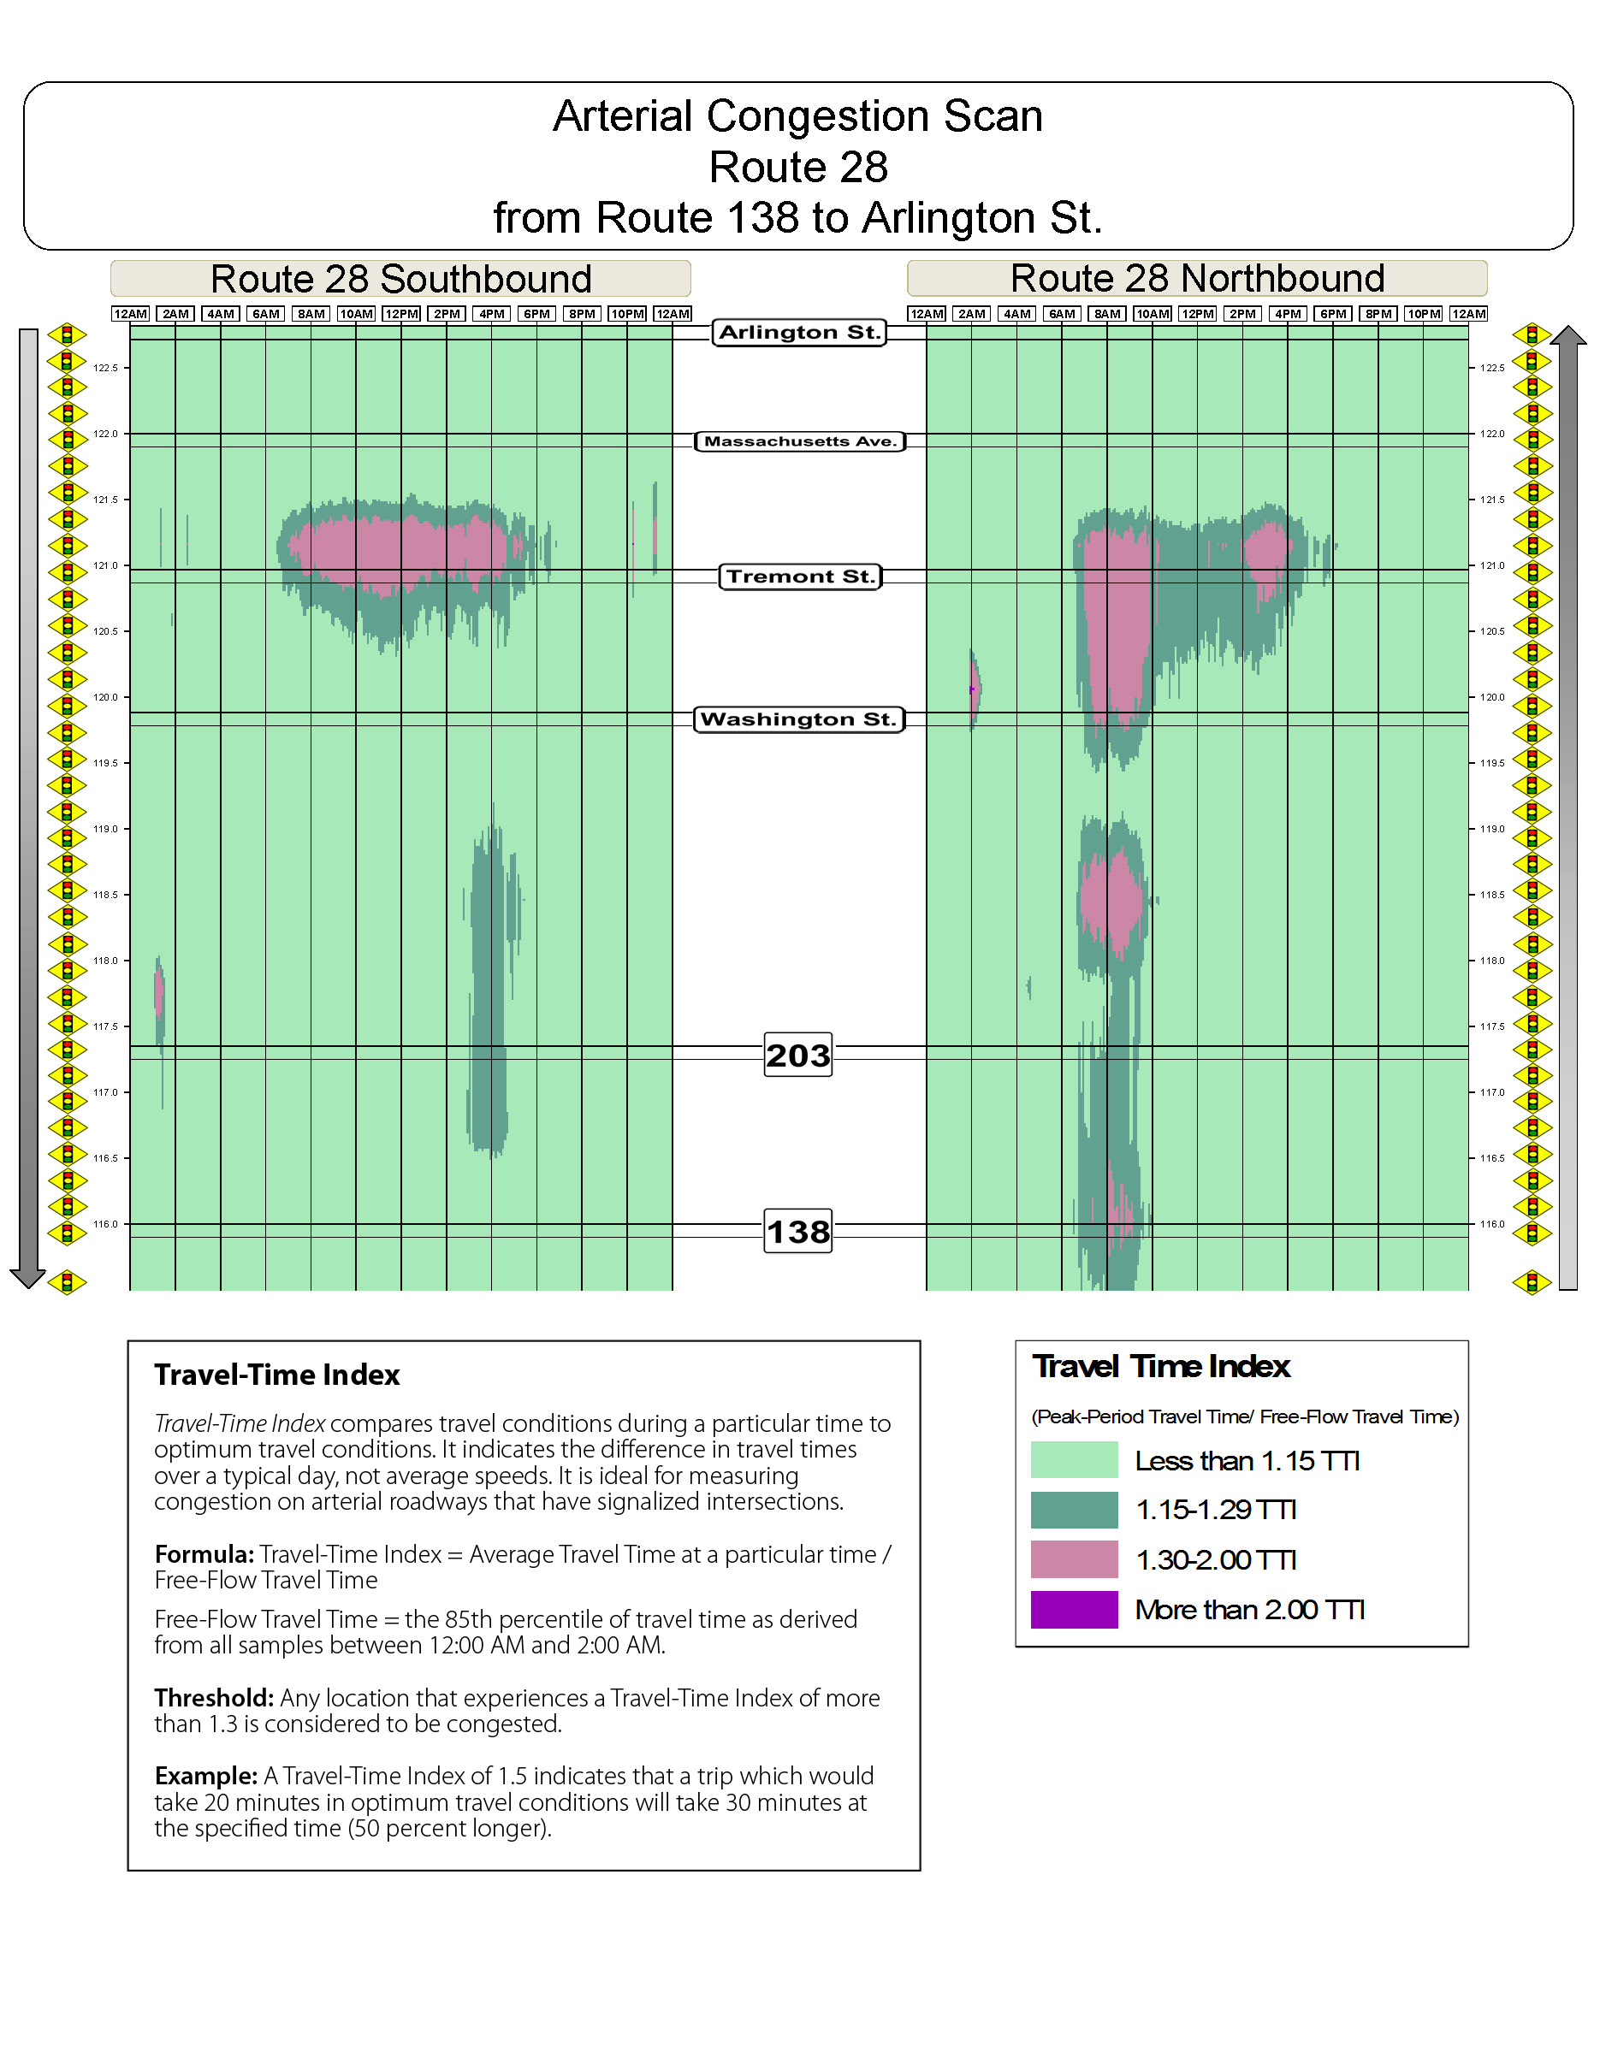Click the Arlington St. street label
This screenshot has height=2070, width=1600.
coord(799,333)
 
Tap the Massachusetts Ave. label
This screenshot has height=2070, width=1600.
coord(800,441)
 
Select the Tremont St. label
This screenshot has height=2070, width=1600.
coord(800,577)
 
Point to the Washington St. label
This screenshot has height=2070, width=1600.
coord(799,719)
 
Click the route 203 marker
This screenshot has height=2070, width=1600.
coord(798,1055)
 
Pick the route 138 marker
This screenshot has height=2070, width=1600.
coord(798,1231)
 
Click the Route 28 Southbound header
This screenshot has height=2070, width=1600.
coord(401,279)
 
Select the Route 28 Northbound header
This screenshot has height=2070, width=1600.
coord(1197,279)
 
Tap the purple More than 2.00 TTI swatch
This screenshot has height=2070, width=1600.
coord(1074,1609)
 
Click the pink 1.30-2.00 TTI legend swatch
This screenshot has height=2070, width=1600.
coord(1074,1559)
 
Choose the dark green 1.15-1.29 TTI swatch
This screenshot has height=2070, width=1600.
coord(1074,1510)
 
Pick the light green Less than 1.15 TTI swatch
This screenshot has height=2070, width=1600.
coord(1074,1459)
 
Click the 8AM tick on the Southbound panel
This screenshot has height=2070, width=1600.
coord(311,314)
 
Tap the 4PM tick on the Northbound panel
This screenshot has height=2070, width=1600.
coord(1287,314)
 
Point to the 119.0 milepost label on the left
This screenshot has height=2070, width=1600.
coord(105,830)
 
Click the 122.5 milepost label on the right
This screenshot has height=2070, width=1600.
coord(1493,368)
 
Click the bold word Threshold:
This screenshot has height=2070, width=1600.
coord(214,1698)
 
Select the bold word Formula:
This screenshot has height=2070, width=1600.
coord(204,1554)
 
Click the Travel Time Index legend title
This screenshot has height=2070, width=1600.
coord(1161,1367)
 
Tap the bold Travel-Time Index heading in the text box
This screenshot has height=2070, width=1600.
coord(276,1375)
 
